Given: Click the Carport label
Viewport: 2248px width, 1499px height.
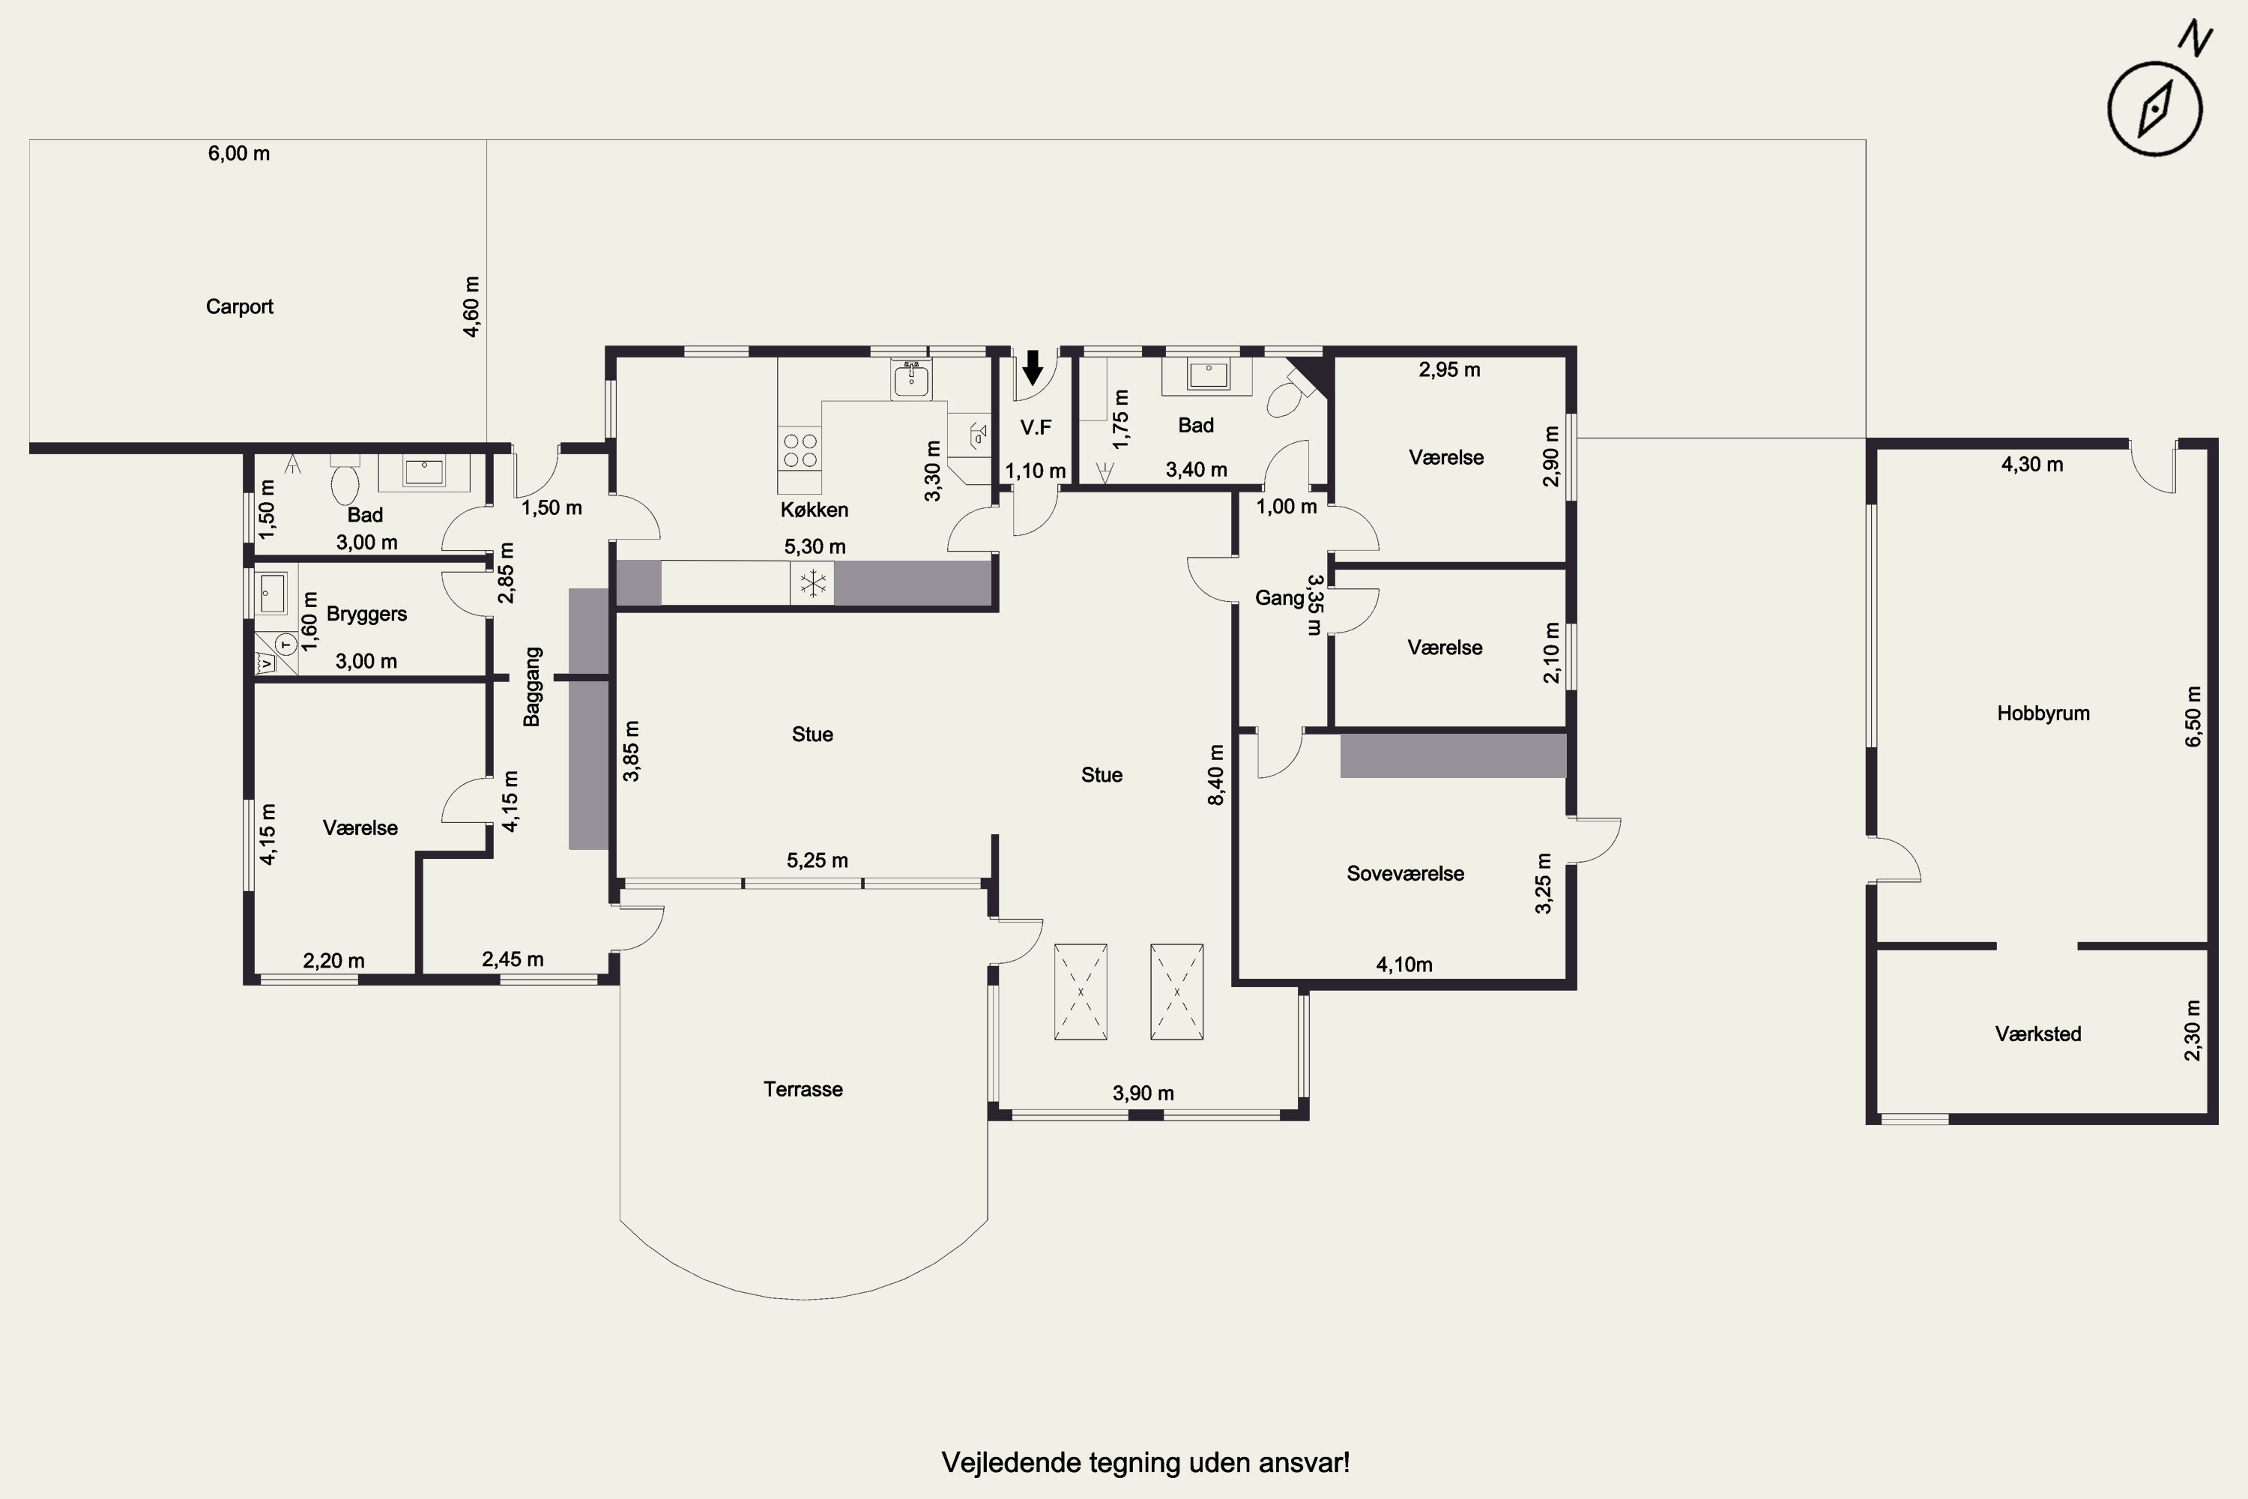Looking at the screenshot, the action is [x=239, y=307].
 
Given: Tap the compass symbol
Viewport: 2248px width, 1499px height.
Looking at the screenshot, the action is [x=2154, y=108].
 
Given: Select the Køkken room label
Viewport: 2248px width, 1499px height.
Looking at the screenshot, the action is [x=815, y=510].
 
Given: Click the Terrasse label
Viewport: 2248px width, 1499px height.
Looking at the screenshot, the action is [x=803, y=1089].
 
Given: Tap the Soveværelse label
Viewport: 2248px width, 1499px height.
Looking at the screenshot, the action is [x=1405, y=873].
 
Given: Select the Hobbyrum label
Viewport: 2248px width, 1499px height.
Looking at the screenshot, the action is [x=2043, y=714].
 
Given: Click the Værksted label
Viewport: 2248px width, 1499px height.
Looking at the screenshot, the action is [x=2037, y=1034].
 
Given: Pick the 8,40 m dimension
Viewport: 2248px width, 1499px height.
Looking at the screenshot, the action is [x=1215, y=774].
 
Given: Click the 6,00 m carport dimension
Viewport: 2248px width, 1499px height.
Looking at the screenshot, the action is [x=239, y=153].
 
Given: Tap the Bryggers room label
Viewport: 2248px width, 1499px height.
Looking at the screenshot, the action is [x=367, y=614].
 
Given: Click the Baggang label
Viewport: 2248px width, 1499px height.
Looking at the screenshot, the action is [x=532, y=687].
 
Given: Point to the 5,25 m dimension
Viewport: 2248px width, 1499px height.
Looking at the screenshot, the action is [x=818, y=860].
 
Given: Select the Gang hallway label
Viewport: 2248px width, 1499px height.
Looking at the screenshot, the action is [x=1279, y=598].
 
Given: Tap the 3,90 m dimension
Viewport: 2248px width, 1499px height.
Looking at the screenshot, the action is [x=1143, y=1093].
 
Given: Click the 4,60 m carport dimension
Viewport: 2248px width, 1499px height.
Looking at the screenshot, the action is [x=471, y=307].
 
